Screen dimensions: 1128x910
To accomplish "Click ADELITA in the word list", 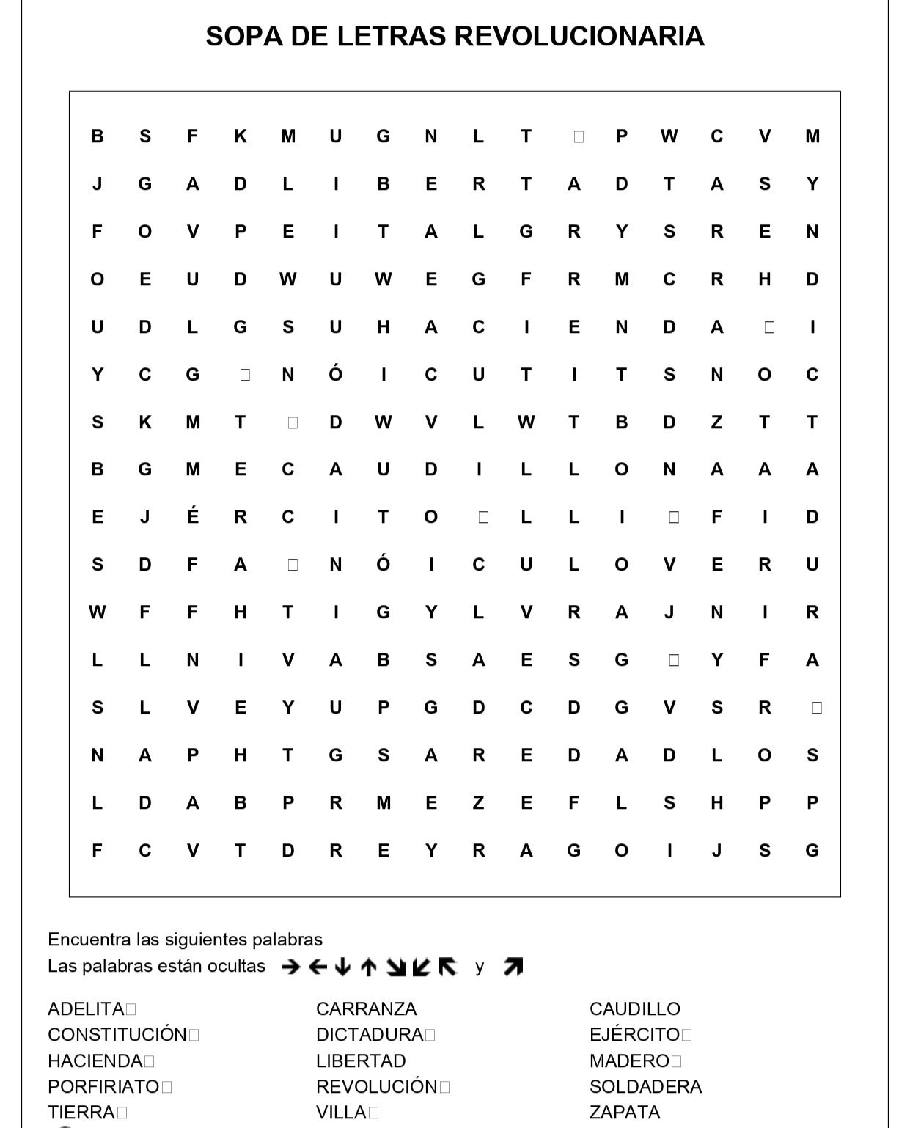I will click(x=86, y=1009).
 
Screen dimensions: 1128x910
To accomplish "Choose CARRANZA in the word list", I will click(x=366, y=1009).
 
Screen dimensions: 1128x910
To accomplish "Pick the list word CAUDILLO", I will click(x=634, y=1009).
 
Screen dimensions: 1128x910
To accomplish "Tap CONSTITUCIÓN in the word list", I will click(x=117, y=1035).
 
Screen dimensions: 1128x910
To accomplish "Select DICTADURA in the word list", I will click(x=370, y=1035).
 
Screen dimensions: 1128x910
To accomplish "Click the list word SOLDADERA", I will click(x=645, y=1086).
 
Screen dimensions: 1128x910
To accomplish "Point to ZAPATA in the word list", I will click(x=625, y=1112).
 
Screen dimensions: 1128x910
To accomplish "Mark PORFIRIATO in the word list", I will click(x=103, y=1086).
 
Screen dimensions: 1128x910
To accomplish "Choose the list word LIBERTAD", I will click(x=361, y=1061).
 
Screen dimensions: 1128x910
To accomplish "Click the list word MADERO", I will click(x=629, y=1061).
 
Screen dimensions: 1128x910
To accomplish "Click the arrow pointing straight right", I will click(x=291, y=967).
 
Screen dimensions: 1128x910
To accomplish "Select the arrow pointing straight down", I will click(x=342, y=967).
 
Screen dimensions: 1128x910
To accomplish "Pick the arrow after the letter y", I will click(x=513, y=967).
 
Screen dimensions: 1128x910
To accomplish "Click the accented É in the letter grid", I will click(x=193, y=516).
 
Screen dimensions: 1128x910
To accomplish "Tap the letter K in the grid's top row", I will click(x=241, y=136).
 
